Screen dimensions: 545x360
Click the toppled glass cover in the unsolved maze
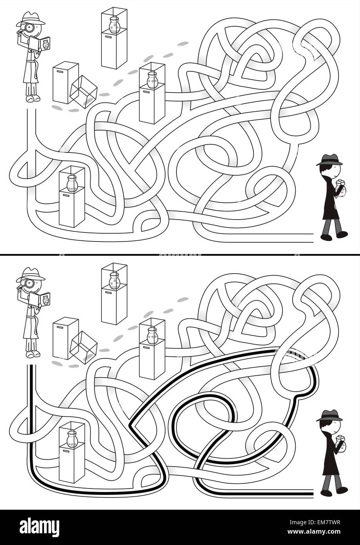click(83, 92)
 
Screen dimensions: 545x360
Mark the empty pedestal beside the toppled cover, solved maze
click(65, 338)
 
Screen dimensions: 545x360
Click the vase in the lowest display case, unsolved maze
click(72, 183)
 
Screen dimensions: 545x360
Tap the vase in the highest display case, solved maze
click(114, 281)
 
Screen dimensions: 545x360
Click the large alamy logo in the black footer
click(40, 525)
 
